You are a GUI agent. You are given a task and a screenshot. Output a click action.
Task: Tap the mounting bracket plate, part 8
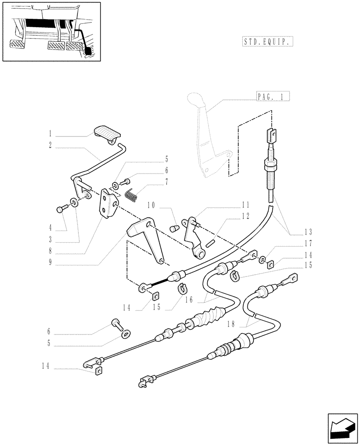[109, 203]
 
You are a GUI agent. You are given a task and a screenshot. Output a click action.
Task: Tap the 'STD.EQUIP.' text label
[268, 42]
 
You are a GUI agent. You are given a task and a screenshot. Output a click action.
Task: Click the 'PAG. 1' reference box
[273, 96]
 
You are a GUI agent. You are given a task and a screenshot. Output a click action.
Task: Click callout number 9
[51, 263]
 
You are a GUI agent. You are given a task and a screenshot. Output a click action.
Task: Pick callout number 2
[51, 145]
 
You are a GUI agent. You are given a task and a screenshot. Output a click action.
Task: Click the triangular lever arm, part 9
[147, 239]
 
